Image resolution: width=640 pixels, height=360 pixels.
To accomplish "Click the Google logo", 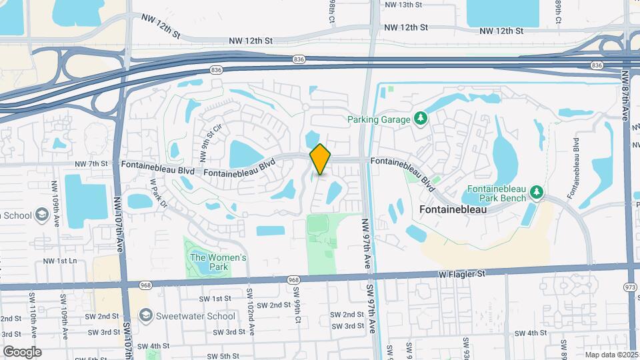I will pyautogui.click(x=22, y=351).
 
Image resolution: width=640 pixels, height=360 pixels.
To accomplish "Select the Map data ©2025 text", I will pyautogui.click(x=610, y=355).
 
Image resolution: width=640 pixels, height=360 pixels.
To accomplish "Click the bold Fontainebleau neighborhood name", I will pyautogui.click(x=453, y=209).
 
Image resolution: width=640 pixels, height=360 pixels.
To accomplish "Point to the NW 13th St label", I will pyautogui.click(x=404, y=5).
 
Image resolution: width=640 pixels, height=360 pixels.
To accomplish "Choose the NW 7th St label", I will pyautogui.click(x=91, y=163).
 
